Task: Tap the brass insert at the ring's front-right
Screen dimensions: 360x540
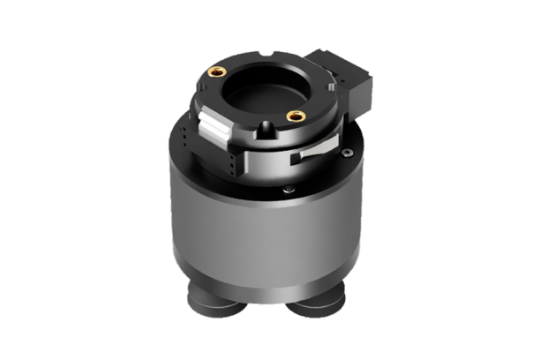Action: click(296, 116)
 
